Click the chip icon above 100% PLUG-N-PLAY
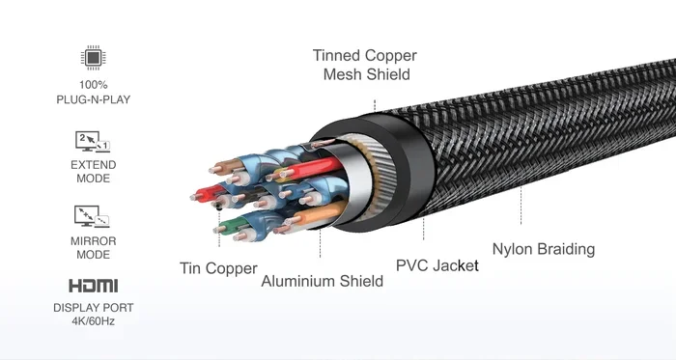[93, 57]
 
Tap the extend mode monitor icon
[93, 142]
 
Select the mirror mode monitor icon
[92, 216]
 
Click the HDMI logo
[93, 286]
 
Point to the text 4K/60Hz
[93, 321]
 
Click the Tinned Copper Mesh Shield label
[365, 65]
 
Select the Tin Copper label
[218, 268]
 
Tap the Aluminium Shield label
[322, 281]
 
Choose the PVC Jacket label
[437, 265]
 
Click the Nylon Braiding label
[544, 249]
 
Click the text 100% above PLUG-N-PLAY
[93, 84]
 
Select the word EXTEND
[93, 165]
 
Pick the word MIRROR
[93, 241]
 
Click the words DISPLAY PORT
[93, 308]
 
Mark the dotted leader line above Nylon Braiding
[521, 206]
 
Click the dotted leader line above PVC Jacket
[423, 229]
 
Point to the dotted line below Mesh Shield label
[375, 105]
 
